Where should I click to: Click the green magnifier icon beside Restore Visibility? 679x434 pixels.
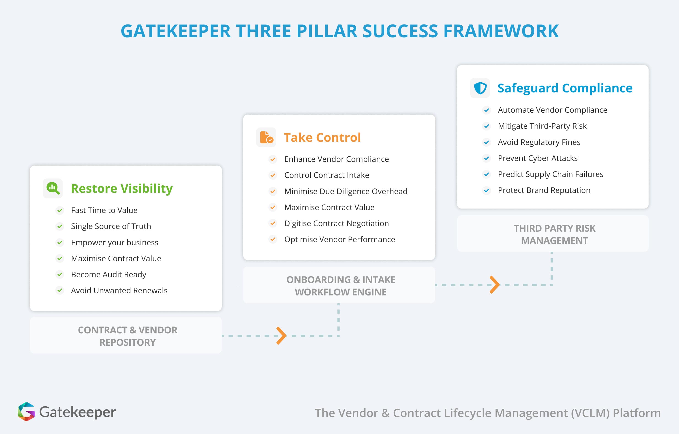click(53, 188)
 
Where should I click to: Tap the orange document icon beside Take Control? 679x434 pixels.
click(266, 137)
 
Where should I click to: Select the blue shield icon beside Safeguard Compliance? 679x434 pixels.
click(480, 88)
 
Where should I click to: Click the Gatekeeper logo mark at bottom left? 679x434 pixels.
click(27, 412)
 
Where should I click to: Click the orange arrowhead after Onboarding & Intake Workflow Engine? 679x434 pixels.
click(495, 285)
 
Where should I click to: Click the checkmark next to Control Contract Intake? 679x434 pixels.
click(273, 175)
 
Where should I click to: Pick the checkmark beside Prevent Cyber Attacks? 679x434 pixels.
click(486, 158)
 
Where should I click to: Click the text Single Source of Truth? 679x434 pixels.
click(111, 226)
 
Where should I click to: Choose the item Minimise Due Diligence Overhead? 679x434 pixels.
click(346, 191)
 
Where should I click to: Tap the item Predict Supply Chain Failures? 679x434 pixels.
click(550, 174)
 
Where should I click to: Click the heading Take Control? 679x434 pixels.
click(322, 137)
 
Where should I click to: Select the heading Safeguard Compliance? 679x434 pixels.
click(565, 88)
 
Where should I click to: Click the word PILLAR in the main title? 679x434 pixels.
click(327, 31)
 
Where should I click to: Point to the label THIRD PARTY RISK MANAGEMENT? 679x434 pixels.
click(554, 234)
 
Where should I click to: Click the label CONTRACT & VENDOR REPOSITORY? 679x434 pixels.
click(127, 336)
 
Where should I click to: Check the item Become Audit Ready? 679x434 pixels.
click(108, 274)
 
